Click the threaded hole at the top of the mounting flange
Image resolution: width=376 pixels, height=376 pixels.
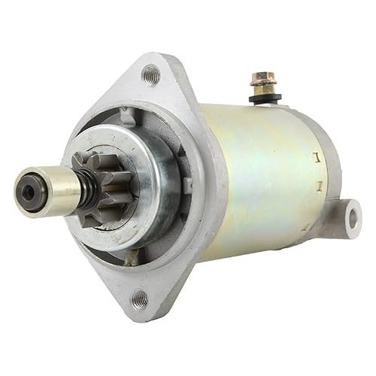click(151, 74)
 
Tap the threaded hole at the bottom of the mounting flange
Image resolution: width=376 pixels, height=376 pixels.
click(140, 300)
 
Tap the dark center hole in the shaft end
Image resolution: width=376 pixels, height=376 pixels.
click(28, 192)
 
